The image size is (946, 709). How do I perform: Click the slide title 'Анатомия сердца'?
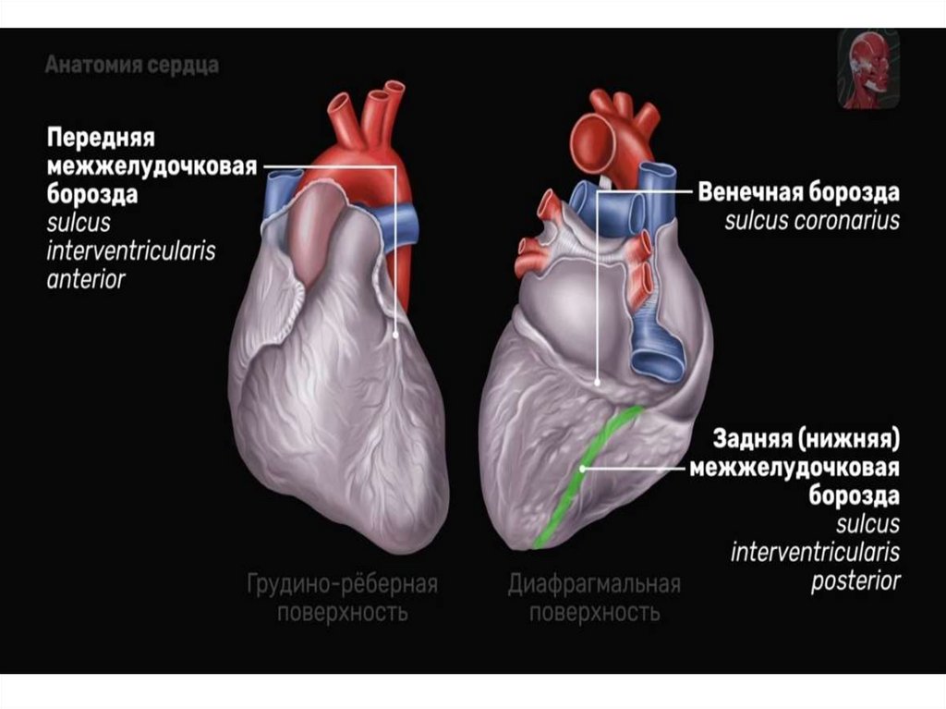tap(131, 67)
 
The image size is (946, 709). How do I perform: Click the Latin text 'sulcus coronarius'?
tap(811, 221)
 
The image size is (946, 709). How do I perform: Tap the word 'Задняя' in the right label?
tap(756, 436)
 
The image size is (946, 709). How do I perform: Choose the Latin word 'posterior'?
tap(855, 581)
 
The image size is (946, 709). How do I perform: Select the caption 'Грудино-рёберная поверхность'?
tap(342, 598)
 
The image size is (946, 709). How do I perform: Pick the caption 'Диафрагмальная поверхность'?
tap(594, 598)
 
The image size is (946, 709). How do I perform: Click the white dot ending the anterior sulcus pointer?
tap(396, 336)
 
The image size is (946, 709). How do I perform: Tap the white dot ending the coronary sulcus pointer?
tap(599, 380)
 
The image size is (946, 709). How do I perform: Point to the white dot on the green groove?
tap(582, 469)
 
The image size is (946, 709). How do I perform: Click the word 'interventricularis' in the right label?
tap(815, 553)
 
